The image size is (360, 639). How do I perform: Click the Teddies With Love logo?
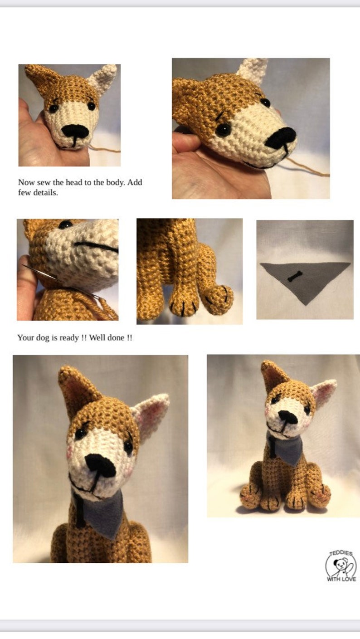click(341, 566)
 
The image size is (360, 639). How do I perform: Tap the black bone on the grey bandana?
click(294, 277)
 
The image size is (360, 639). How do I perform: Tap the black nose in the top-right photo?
click(281, 138)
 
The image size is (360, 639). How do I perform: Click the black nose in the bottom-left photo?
click(101, 466)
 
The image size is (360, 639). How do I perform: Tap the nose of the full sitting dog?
click(287, 417)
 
